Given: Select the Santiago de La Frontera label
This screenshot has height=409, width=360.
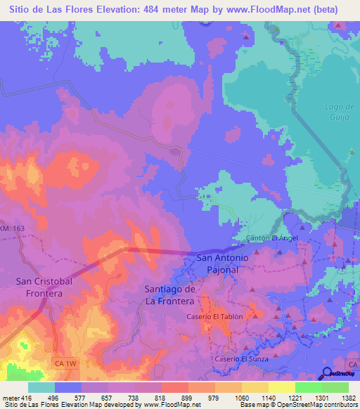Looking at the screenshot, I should tap(169, 295).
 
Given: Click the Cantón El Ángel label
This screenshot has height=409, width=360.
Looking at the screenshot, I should tap(272, 238).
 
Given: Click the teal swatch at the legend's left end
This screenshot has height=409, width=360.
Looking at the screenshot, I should tap(41, 387).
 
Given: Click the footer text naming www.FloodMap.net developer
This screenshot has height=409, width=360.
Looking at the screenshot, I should tap(105, 405).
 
